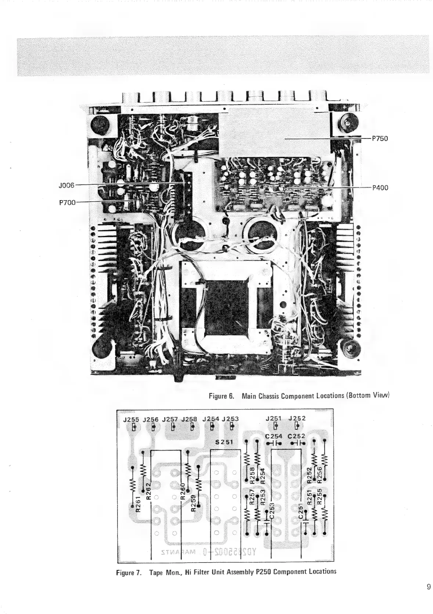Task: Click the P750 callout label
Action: point(380,138)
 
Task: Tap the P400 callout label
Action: point(380,188)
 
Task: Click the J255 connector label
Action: point(130,419)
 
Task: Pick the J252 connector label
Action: point(297,418)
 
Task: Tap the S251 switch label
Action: point(224,442)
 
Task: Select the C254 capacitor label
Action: point(274,436)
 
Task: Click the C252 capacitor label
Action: point(297,436)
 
